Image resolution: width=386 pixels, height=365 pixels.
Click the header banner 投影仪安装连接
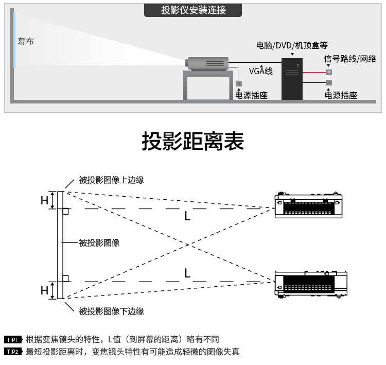193,10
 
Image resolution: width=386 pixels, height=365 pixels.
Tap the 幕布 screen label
26,41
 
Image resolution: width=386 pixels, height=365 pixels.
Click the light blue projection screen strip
14,40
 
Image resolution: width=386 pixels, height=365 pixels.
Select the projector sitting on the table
206,63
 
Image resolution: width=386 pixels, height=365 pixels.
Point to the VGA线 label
260,71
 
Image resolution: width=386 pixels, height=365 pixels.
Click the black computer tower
292,79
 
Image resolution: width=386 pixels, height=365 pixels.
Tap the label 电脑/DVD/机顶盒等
291,45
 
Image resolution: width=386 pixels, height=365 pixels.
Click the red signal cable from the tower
314,73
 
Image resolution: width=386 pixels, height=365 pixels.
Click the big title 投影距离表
192,141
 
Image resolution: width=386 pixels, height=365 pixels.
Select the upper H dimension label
44,200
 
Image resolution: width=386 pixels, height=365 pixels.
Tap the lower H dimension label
44,290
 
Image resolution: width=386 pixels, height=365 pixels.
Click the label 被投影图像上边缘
111,180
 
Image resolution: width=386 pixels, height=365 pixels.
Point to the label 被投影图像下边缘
111,311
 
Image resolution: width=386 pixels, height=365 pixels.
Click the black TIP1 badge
12,340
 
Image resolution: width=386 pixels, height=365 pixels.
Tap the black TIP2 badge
12,352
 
